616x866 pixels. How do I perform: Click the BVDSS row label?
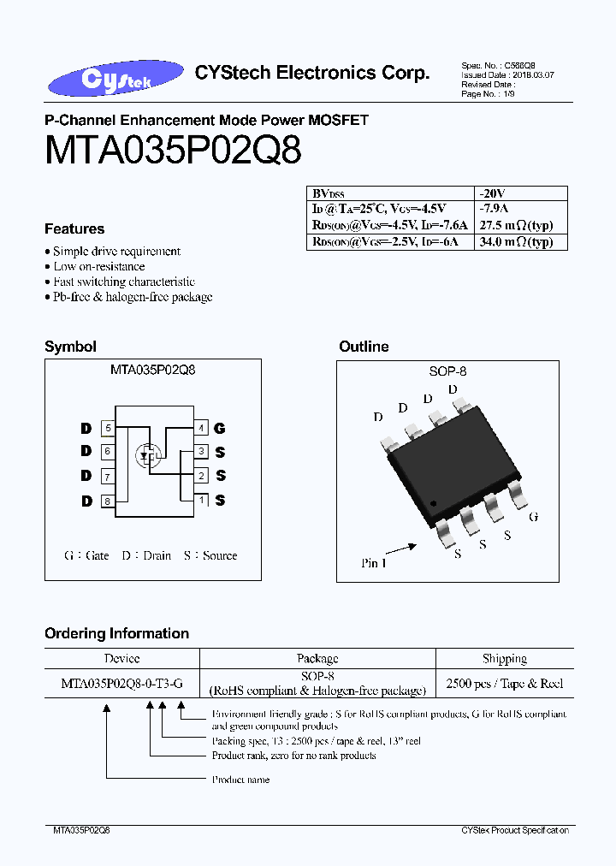329,194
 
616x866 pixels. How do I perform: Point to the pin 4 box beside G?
201,428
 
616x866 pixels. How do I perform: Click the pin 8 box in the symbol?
107,501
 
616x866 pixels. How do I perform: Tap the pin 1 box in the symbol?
201,501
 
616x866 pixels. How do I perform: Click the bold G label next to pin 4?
220,428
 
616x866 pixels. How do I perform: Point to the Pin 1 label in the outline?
376,564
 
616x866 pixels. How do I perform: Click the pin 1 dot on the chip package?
434,502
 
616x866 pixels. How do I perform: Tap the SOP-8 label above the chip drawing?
447,371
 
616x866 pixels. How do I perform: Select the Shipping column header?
504,658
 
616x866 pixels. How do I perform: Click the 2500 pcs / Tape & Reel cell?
505,683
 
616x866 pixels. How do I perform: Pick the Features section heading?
74,228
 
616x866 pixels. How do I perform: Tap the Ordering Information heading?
116,633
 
